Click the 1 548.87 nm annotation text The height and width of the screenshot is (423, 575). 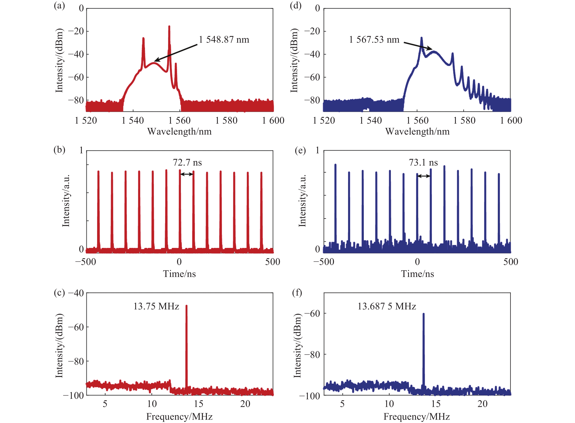224,40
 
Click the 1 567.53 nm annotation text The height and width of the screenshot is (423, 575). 374,40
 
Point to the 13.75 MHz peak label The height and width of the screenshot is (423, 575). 156,306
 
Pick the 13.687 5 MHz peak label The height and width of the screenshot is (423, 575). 387,306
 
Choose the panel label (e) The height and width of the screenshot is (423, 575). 300,150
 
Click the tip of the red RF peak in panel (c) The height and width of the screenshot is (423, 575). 186,306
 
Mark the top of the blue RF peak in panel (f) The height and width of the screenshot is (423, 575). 423,314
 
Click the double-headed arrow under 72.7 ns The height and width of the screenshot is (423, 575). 187,174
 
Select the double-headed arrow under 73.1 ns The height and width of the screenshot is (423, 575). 424,176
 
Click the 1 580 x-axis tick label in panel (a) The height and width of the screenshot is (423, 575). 226,120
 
